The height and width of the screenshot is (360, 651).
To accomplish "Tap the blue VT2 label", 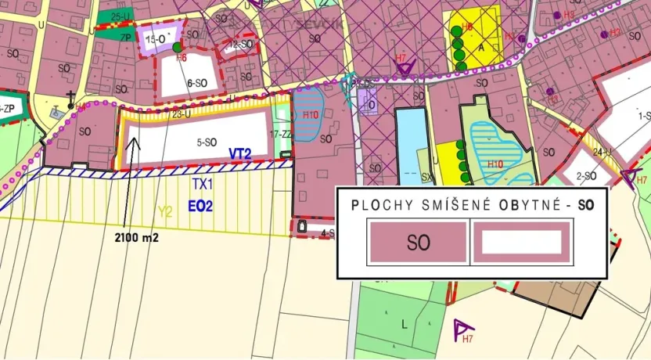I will (x=239, y=153).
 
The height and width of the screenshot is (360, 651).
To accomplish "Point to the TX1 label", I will (x=203, y=184).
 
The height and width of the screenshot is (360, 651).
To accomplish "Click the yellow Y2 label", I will (x=165, y=211).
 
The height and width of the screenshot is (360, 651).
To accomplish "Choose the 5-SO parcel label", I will (x=206, y=142).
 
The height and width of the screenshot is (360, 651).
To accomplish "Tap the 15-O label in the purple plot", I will (x=153, y=38).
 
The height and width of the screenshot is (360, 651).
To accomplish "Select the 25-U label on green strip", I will (x=120, y=16).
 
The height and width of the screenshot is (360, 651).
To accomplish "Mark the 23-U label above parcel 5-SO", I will (x=181, y=115).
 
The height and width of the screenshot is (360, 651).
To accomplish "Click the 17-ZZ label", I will (x=279, y=135).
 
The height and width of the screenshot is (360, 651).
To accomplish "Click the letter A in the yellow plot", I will (x=482, y=47).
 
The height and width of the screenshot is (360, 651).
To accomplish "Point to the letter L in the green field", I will (x=405, y=322).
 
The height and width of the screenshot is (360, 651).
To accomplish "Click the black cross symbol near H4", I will (x=70, y=97).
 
